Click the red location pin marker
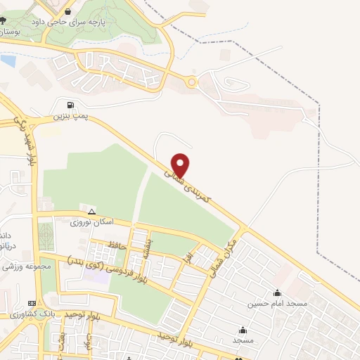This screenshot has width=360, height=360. click(x=181, y=165)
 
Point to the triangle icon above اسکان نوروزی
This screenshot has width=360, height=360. click(x=91, y=212)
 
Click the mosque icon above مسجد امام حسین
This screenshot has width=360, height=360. click(x=277, y=293)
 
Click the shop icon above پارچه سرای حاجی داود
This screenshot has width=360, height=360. click(x=67, y=11)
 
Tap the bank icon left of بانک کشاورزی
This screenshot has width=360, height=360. click(x=4, y=314)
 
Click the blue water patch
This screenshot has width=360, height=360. click(x=8, y=61)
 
